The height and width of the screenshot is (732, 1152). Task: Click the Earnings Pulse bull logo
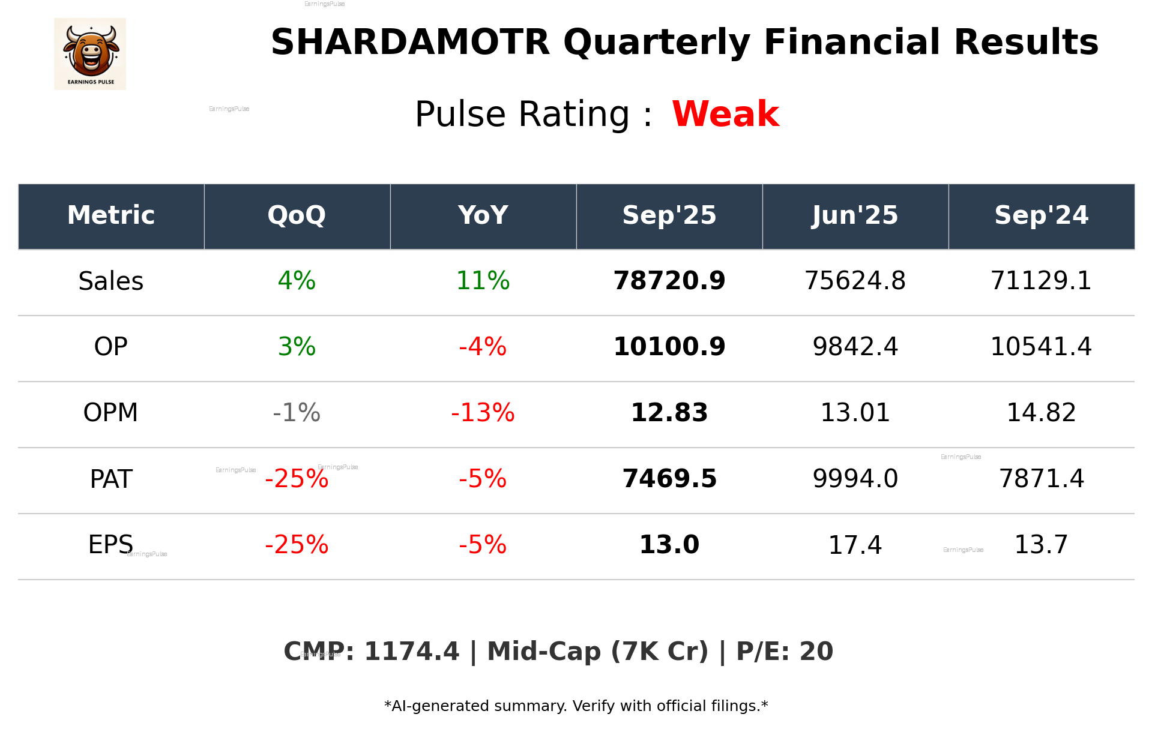pyautogui.click(x=90, y=53)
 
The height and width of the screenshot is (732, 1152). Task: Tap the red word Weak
pyautogui.click(x=725, y=114)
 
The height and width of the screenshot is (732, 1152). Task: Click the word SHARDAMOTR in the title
pyautogui.click(x=410, y=43)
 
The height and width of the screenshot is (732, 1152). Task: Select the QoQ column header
pyautogui.click(x=297, y=215)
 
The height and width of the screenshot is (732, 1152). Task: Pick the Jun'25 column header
pyautogui.click(x=855, y=215)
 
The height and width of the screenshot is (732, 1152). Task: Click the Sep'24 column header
pyautogui.click(x=1041, y=215)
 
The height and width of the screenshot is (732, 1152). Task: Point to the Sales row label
pyautogui.click(x=111, y=281)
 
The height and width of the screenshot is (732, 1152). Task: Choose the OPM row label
pyautogui.click(x=111, y=413)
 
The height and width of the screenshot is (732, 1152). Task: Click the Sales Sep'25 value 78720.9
pyautogui.click(x=669, y=281)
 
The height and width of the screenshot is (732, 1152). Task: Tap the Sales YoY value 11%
pyautogui.click(x=483, y=281)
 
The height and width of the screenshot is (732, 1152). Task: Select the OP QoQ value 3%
pyautogui.click(x=297, y=347)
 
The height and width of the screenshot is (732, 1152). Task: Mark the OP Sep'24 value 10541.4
pyautogui.click(x=1041, y=347)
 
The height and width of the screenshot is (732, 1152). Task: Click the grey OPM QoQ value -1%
pyautogui.click(x=297, y=413)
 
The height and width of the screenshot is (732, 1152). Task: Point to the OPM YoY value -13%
pyautogui.click(x=483, y=413)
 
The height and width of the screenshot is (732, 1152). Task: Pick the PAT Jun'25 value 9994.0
pyautogui.click(x=855, y=479)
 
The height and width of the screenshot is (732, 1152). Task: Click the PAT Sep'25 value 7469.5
pyautogui.click(x=669, y=479)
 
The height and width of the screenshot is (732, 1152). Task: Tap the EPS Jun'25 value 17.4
pyautogui.click(x=855, y=545)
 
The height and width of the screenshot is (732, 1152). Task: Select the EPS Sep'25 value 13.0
pyautogui.click(x=669, y=545)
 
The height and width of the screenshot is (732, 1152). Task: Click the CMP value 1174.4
pyautogui.click(x=411, y=652)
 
